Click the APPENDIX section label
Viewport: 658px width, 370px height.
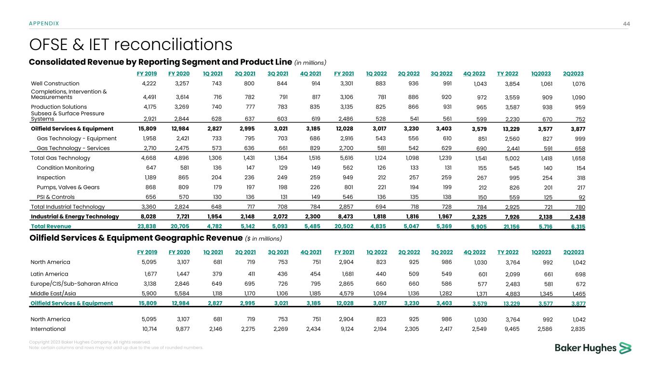click(44, 23)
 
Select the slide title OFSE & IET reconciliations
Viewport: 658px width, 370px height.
click(131, 45)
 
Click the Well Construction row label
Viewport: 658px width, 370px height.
click(55, 83)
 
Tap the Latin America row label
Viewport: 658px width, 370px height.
click(49, 274)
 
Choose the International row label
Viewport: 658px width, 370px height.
click(48, 329)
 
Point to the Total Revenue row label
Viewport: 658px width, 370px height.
click(51, 226)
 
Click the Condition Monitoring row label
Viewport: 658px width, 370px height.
click(65, 168)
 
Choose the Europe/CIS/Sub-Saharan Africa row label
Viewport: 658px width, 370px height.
click(74, 283)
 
